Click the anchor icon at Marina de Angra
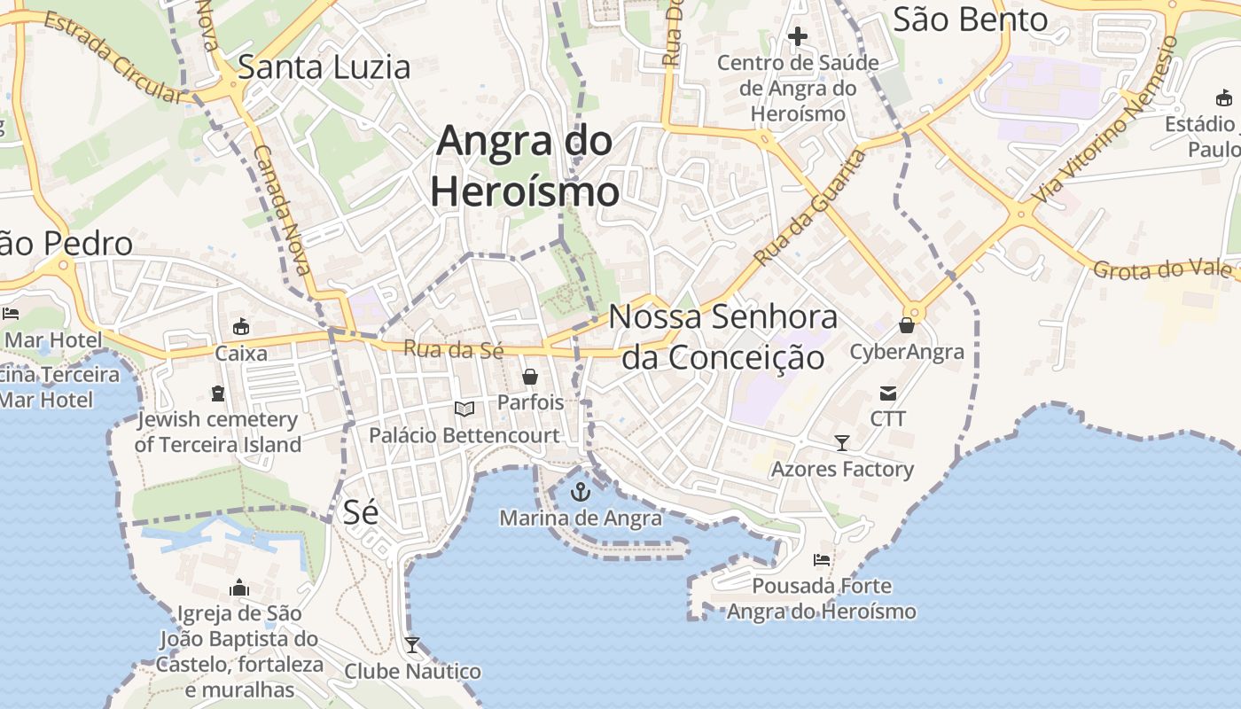(x=581, y=491)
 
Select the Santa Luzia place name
(x=324, y=67)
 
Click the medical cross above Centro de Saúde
(x=798, y=36)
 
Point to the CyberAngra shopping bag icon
(x=906, y=325)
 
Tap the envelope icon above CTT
(x=887, y=393)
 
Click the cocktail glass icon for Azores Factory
(x=842, y=442)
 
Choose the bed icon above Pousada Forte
(x=822, y=560)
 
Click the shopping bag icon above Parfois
(x=530, y=377)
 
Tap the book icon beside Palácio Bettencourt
(x=464, y=409)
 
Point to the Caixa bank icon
(x=240, y=327)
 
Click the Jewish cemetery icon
(x=218, y=393)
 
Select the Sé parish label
(x=360, y=511)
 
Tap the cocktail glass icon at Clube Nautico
(x=412, y=644)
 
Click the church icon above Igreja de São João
(x=239, y=588)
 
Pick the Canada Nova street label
(x=281, y=209)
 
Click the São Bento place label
(x=970, y=19)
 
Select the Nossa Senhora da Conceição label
(x=722, y=337)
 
